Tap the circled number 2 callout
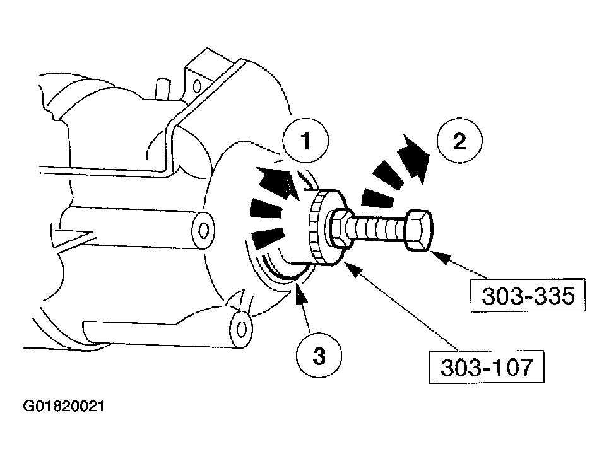(x=459, y=141)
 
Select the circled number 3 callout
(x=319, y=356)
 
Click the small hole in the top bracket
(x=197, y=84)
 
